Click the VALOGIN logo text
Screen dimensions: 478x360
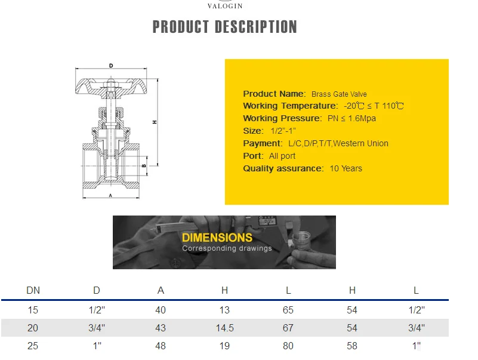225,6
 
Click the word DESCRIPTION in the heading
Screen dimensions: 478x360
256,27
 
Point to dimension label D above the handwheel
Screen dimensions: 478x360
111,66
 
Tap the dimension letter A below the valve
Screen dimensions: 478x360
110,196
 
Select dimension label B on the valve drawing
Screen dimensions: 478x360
144,165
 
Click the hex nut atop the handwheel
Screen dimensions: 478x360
110,83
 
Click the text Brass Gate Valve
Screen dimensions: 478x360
339,94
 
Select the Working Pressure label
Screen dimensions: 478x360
282,118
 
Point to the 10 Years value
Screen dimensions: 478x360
346,168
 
